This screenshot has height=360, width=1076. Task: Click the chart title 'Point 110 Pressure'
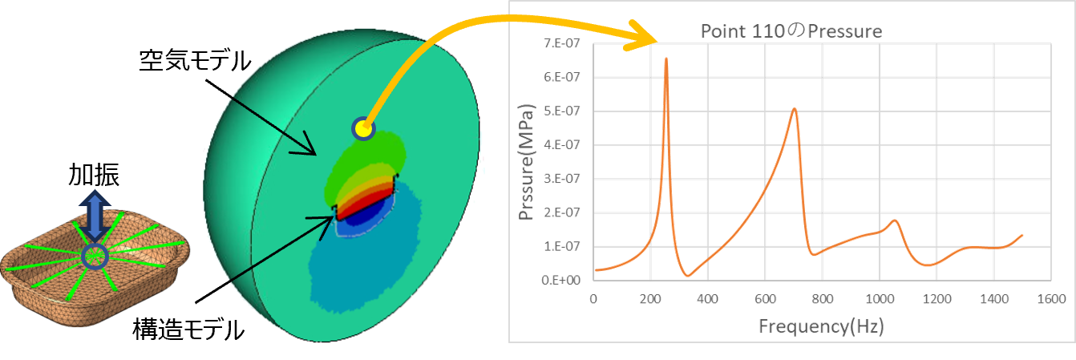pyautogui.click(x=791, y=32)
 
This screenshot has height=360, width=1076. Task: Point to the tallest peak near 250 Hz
pyautogui.click(x=666, y=59)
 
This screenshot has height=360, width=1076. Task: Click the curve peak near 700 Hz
pyautogui.click(x=794, y=109)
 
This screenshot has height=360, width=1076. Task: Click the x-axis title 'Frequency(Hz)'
pyautogui.click(x=821, y=326)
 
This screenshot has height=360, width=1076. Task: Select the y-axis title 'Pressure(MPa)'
pyautogui.click(x=526, y=164)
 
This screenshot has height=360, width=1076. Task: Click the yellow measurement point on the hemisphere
pyautogui.click(x=363, y=127)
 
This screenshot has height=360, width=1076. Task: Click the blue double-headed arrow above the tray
pyautogui.click(x=95, y=214)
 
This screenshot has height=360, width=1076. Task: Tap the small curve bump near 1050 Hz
pyautogui.click(x=895, y=220)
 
